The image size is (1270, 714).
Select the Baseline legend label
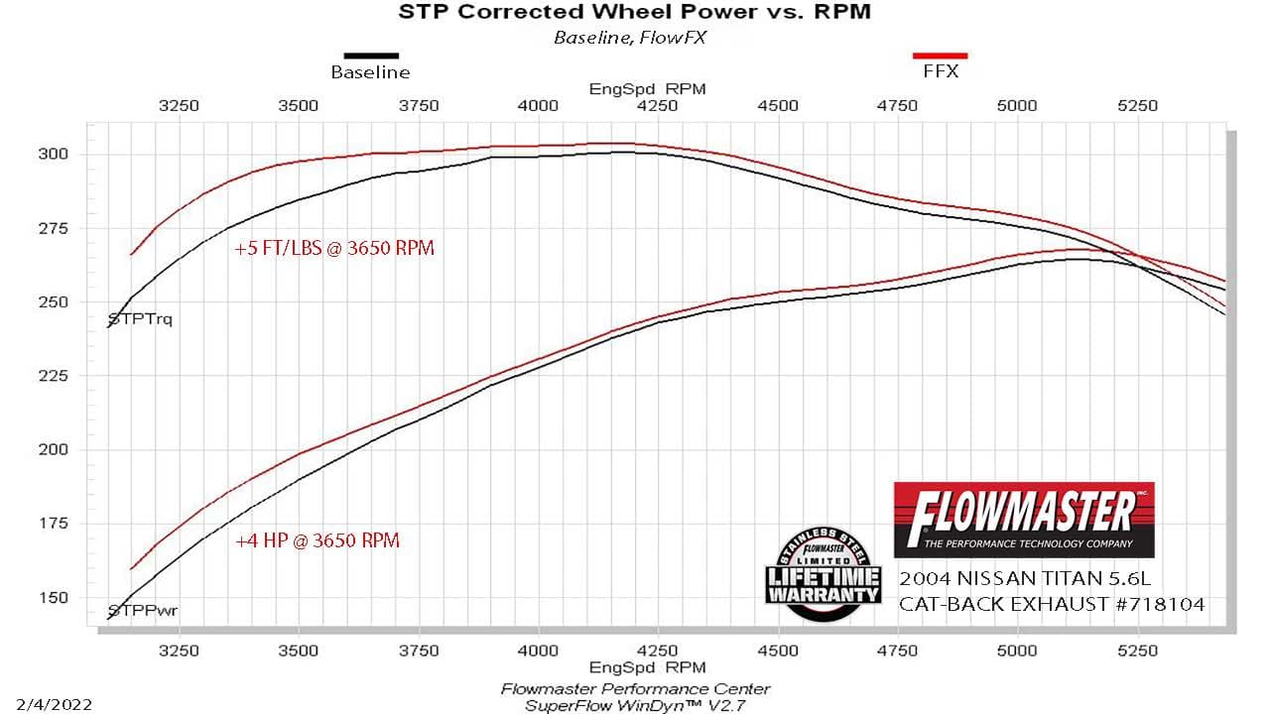370,72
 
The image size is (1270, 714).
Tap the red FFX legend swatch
940,57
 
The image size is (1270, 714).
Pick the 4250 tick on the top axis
658,105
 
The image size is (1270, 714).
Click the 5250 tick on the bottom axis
1137,651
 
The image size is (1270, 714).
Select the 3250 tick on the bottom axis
179,651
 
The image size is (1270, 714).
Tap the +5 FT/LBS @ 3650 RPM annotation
334,249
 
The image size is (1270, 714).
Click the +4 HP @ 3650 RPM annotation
317,541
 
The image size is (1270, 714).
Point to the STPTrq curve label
140,320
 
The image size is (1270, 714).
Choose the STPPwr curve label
136,611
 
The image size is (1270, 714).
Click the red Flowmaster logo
1024,520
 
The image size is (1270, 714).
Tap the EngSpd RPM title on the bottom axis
647,667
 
